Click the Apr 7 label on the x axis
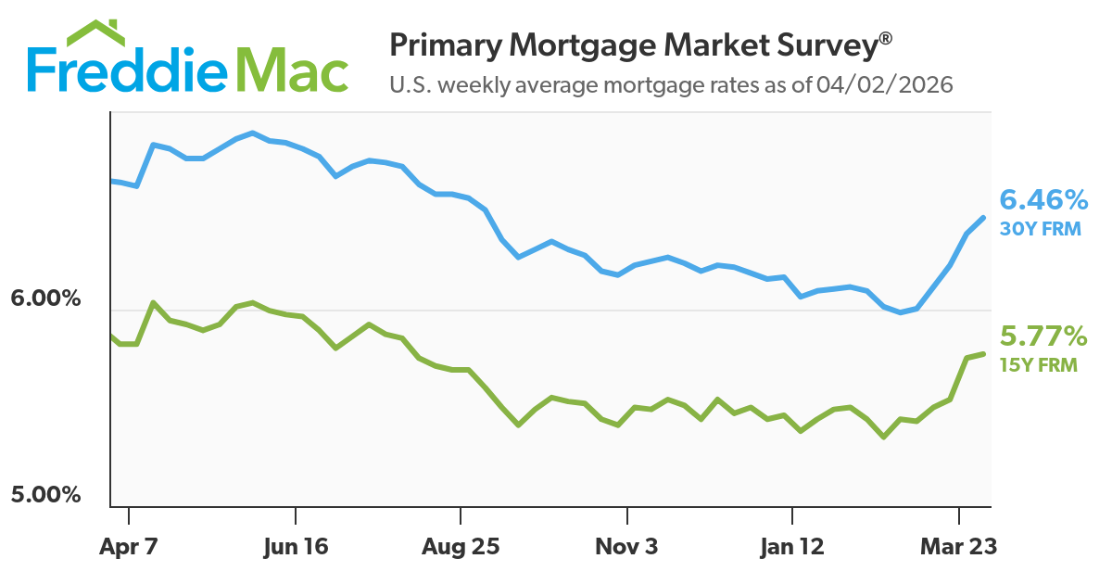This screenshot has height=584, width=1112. point(129,547)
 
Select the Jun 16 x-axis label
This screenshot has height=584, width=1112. point(295,547)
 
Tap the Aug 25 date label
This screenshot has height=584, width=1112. point(461,547)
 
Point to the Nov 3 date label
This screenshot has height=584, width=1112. point(626,547)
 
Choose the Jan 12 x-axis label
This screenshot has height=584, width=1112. point(792,547)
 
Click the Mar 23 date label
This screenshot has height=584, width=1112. point(958,547)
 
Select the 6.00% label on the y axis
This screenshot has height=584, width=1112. point(46,300)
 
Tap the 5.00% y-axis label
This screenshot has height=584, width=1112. point(46,495)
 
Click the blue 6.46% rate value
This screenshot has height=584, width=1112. point(1042,199)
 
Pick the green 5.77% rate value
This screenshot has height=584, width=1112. point(1042,336)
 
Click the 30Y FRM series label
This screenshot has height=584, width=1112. point(1040,228)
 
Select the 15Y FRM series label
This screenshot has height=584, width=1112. point(1038,364)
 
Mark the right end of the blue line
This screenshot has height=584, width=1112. point(983,218)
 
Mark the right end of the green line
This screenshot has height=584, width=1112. point(983,353)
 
